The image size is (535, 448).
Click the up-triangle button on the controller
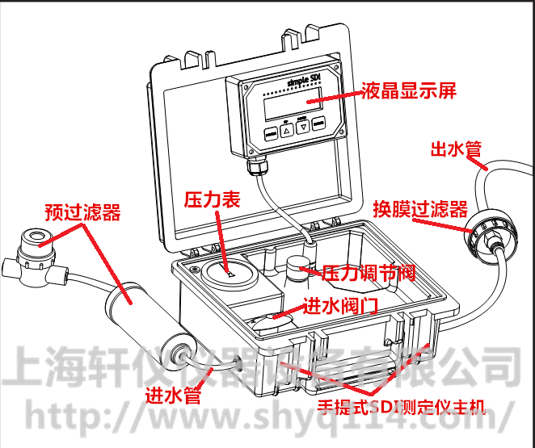[285, 128]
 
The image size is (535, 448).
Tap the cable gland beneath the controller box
[258, 169]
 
